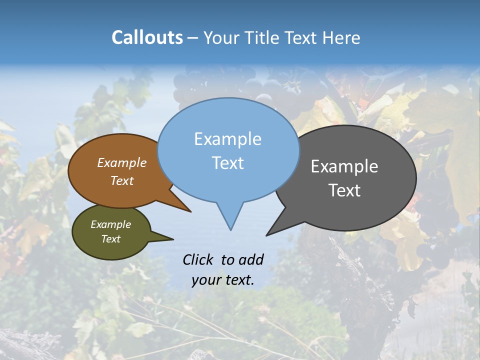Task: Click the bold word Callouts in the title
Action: tap(147, 37)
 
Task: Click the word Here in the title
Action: tap(341, 38)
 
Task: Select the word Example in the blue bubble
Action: tap(227, 139)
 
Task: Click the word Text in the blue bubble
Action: tap(227, 163)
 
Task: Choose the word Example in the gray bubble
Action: tap(344, 166)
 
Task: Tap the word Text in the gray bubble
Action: tap(344, 190)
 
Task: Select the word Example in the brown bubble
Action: tap(122, 163)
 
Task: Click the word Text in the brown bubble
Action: tap(122, 181)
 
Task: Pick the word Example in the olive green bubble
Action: tap(110, 225)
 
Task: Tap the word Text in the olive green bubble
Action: tap(110, 239)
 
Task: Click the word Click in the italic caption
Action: tap(199, 259)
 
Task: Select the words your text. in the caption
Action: tap(223, 280)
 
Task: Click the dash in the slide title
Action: tap(193, 38)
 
